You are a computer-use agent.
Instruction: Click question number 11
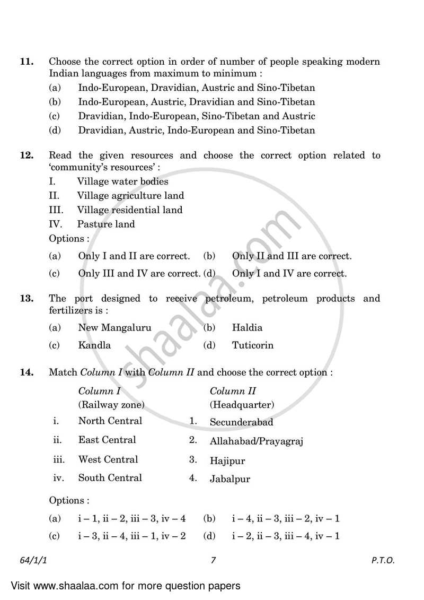[26, 62]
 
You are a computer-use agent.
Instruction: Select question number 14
[26, 372]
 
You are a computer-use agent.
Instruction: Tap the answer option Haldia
[247, 328]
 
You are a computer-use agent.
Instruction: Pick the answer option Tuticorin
[253, 345]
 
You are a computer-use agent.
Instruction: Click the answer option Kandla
[94, 345]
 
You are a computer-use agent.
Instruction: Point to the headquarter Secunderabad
[242, 422]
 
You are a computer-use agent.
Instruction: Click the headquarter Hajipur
[227, 461]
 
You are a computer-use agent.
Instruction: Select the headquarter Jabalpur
[230, 479]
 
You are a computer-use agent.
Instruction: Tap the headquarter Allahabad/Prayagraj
[257, 441]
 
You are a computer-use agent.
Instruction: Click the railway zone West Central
[108, 459]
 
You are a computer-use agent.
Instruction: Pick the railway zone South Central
[110, 477]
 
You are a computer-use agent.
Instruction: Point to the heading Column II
[233, 391]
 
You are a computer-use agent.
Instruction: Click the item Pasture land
[106, 224]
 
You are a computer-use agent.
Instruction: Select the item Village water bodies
[122, 181]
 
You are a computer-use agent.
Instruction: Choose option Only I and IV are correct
[289, 274]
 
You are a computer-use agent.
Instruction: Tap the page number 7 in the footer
[213, 560]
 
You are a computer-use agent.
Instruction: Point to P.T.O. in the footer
[383, 560]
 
